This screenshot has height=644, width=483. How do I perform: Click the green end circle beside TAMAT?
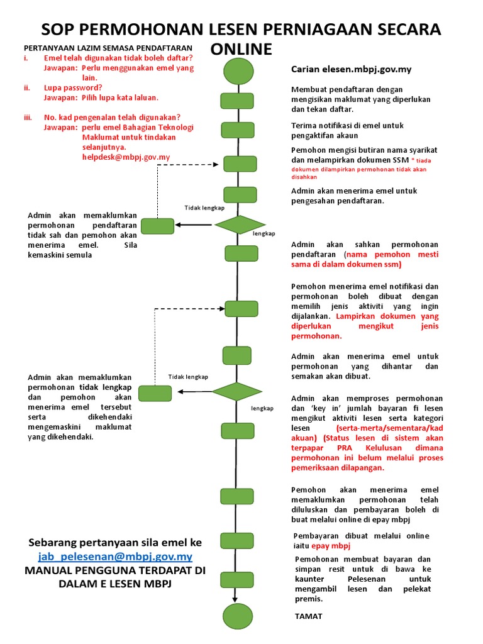coord(237,616)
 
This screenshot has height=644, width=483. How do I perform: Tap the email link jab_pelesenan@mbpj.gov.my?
coord(115,557)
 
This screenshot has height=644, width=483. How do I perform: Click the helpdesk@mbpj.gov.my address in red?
coord(126,157)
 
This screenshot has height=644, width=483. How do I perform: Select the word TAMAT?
coord(308,616)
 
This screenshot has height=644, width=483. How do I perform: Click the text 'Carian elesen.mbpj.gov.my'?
coord(351,69)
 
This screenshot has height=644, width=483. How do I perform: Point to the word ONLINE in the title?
coord(241,50)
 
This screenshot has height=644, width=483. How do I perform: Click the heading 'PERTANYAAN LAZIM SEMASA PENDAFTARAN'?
coord(108,48)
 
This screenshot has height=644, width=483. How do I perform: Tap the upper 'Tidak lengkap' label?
coord(204,208)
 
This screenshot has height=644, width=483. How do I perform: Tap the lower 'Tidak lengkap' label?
coord(188,377)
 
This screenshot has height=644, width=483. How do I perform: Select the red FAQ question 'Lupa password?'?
coord(73,87)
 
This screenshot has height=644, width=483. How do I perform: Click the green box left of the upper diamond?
coord(157,225)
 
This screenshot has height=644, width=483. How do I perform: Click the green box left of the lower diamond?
coord(155,393)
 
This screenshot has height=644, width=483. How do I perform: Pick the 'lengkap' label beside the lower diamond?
coord(262,408)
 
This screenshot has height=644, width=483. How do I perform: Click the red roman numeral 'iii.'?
coord(28,117)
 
